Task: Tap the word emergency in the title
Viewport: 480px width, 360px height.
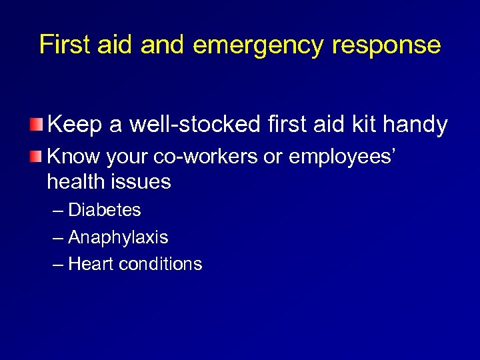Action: click(256, 46)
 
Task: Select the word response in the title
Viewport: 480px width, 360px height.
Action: click(383, 46)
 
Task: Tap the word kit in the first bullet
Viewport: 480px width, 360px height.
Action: click(367, 124)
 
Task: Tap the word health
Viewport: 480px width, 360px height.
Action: click(75, 181)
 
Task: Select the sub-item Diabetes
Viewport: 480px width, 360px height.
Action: click(105, 210)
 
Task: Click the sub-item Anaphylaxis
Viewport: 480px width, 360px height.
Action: click(118, 237)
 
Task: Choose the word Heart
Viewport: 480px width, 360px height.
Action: click(90, 264)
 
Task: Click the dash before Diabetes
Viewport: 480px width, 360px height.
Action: click(58, 211)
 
